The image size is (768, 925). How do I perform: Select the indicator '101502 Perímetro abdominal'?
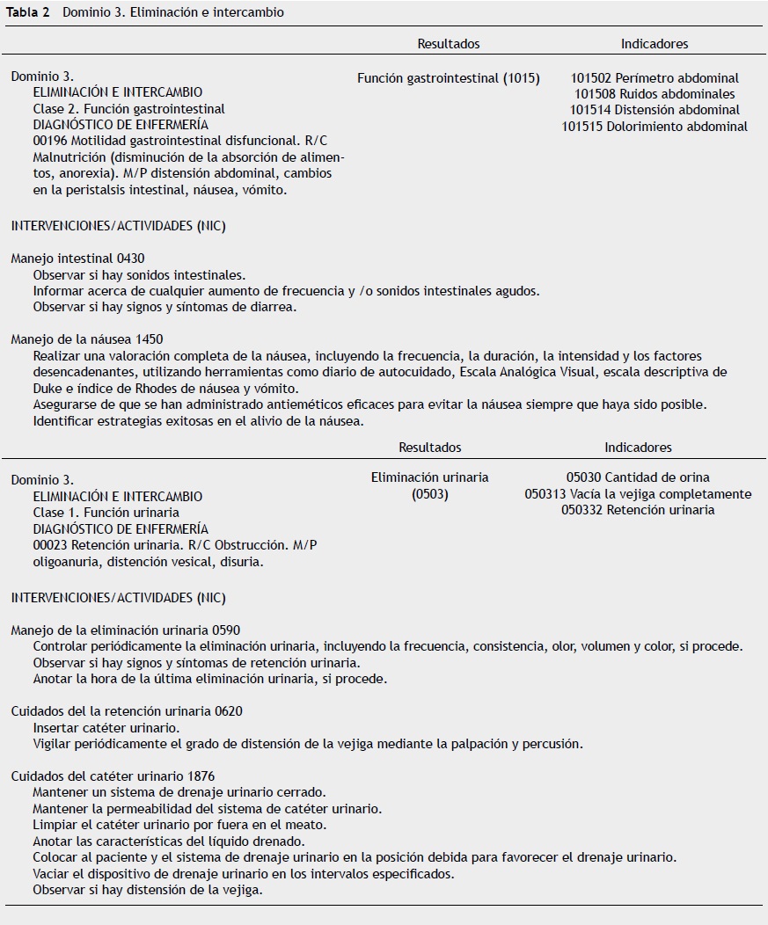point(655,78)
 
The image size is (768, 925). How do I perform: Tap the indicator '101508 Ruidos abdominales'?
point(655,94)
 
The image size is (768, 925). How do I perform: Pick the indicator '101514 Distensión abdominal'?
point(655,110)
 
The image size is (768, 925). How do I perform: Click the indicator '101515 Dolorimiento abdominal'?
point(655,127)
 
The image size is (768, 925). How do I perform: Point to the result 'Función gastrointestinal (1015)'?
point(449,78)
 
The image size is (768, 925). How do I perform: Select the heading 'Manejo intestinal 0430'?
point(77,259)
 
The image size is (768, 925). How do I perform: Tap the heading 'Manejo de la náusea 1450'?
point(86,339)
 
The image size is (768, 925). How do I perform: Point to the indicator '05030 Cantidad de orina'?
point(638,477)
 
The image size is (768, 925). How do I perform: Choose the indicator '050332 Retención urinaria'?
point(638,510)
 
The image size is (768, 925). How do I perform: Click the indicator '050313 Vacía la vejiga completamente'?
point(638,494)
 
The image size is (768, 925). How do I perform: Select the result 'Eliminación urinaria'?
point(430,477)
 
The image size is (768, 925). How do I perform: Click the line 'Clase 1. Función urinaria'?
point(106,513)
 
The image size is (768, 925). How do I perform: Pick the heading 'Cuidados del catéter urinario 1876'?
point(113,776)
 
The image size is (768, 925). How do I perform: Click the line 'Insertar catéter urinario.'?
point(106,728)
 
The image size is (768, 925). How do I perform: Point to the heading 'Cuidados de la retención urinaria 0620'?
point(126,711)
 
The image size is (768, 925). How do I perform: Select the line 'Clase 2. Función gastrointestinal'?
point(128,109)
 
